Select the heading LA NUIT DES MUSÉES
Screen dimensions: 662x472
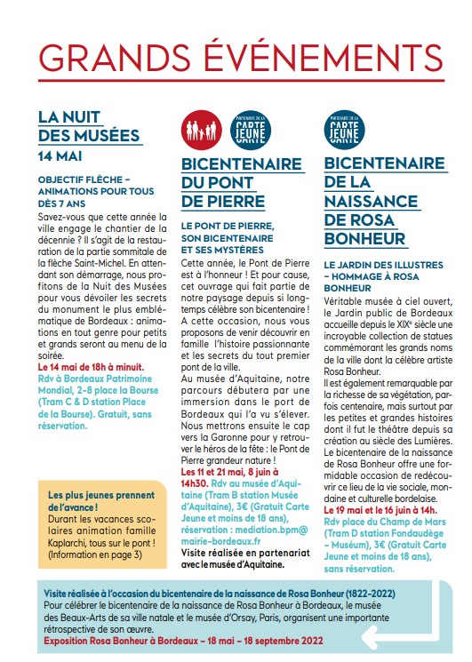(89, 125)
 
